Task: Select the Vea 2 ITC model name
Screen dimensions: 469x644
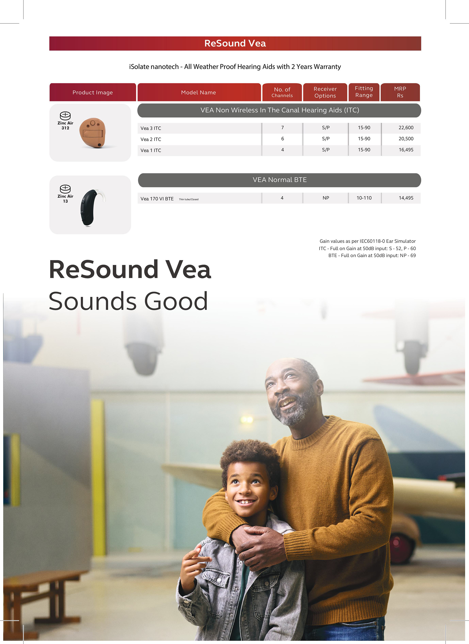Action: pos(151,139)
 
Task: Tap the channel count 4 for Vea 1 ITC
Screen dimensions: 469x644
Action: pos(283,150)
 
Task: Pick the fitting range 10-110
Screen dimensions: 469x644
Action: pos(364,198)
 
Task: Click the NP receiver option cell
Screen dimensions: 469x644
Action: pos(326,198)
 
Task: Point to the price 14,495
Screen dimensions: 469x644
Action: pos(406,198)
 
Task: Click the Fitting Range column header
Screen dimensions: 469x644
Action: pos(364,92)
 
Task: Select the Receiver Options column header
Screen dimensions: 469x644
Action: pos(325,92)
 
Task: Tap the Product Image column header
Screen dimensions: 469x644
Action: pos(93,92)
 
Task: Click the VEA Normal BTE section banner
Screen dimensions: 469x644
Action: pos(279,180)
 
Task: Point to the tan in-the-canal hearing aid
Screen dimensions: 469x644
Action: pos(93,133)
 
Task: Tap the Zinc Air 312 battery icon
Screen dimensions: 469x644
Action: pos(65,116)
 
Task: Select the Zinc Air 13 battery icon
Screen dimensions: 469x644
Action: pos(65,189)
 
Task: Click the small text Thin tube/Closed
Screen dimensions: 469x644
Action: pos(189,199)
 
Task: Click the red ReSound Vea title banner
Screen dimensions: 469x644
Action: pos(235,43)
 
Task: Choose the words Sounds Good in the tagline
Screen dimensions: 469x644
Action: pos(128,301)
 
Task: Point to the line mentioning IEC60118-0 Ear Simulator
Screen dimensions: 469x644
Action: pos(367,241)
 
